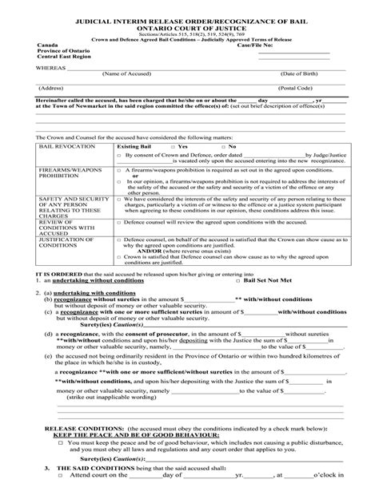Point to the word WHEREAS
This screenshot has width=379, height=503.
[50, 68]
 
